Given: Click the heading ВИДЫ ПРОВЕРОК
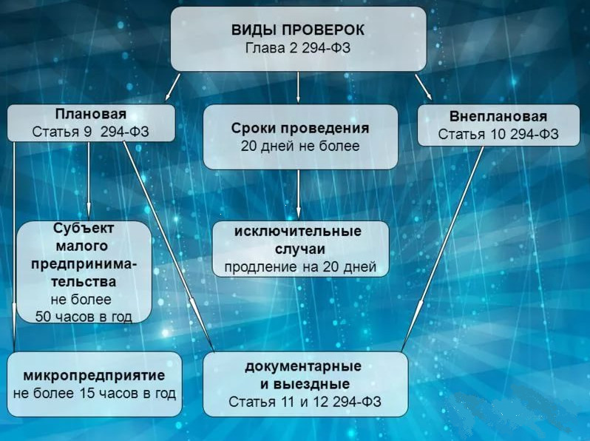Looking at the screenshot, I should [x=298, y=31].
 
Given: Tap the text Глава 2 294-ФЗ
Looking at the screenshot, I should [x=298, y=48].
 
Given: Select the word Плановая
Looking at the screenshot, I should [x=91, y=115].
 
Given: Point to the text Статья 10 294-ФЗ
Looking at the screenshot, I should [x=498, y=135].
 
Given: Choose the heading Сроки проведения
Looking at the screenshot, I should [x=299, y=127].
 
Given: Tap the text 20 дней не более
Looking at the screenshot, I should [x=299, y=146].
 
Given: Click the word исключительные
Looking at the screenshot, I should [x=299, y=231].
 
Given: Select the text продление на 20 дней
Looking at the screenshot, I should [x=299, y=266].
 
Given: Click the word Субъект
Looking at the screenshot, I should [x=84, y=228].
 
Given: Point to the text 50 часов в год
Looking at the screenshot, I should [x=84, y=317].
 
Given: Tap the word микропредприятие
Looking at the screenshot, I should [x=94, y=374].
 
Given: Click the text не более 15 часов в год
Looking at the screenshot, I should [x=94, y=393].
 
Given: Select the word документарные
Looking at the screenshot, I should [x=304, y=366].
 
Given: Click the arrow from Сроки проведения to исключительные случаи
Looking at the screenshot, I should [x=298, y=195].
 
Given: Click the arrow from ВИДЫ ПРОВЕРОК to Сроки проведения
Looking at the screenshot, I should [x=298, y=87].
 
